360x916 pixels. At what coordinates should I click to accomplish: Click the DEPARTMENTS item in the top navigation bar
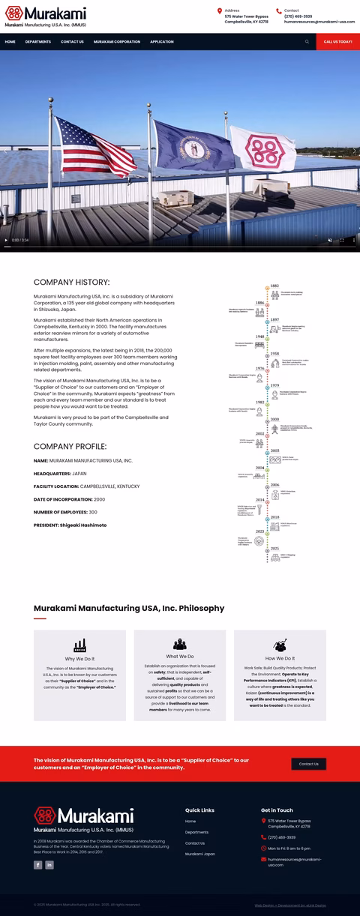tap(38, 42)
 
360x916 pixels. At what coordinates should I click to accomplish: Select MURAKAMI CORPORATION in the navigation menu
tap(117, 42)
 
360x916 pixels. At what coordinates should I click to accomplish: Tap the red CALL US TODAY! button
tap(337, 42)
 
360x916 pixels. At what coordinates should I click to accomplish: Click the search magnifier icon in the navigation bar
tap(307, 42)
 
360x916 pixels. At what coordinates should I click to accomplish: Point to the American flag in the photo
tap(94, 146)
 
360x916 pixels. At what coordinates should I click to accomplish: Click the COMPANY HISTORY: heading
tap(71, 283)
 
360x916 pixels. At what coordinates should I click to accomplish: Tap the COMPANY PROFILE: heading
tap(70, 446)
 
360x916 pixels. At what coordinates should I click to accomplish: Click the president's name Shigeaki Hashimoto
tap(83, 525)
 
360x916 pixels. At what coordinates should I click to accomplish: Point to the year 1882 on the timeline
tap(274, 286)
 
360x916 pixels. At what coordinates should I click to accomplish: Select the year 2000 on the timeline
tap(274, 420)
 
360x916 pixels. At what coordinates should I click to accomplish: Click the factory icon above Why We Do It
tap(79, 645)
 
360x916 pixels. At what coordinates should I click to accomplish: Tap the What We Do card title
tap(180, 657)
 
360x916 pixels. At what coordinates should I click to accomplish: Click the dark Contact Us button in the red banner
tap(308, 764)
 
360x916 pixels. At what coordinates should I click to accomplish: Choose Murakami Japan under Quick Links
tap(200, 854)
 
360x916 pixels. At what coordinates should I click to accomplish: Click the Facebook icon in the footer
tap(38, 865)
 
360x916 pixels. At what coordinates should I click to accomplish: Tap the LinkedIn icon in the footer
tap(49, 865)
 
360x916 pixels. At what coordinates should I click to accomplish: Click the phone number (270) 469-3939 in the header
tap(298, 16)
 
